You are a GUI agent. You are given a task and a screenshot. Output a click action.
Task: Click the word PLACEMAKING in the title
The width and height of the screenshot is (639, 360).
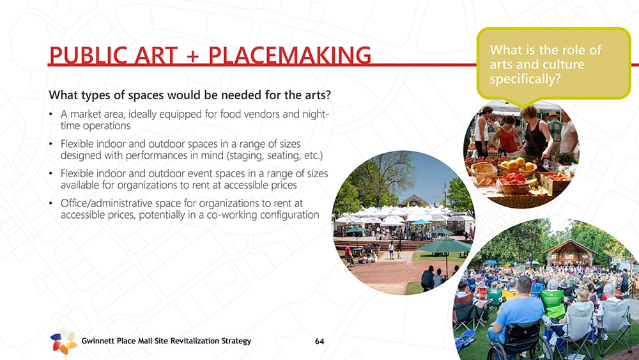pos(289,56)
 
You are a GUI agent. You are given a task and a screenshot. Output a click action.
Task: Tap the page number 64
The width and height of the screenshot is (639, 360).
pos(319,341)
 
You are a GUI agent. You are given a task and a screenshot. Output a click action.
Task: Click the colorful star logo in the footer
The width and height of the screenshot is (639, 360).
pos(63,341)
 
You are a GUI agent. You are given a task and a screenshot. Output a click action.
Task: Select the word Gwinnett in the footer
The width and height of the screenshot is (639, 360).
pos(98,341)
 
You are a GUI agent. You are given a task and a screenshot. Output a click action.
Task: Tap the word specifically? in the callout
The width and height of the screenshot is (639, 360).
pos(525,79)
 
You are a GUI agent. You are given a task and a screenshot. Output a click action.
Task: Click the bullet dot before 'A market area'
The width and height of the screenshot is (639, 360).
pos(50,114)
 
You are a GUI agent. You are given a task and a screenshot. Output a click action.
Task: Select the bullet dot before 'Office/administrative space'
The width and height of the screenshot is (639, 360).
pos(50,203)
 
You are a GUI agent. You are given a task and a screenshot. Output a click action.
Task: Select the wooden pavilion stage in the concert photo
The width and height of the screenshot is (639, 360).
pos(570,253)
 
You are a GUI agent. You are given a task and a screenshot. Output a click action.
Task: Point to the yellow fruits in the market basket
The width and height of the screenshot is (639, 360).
pos(518,165)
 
